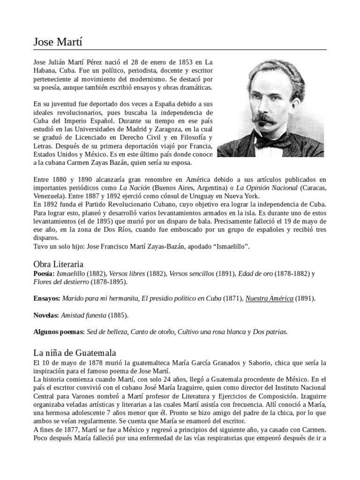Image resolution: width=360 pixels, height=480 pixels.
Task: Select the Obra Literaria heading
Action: pyautogui.click(x=58, y=264)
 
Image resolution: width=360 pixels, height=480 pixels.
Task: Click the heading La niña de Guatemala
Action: pyautogui.click(x=75, y=352)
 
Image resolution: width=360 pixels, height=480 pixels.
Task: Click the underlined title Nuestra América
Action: pyautogui.click(x=269, y=298)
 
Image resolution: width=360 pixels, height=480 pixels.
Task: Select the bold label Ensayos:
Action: pyautogui.click(x=46, y=298)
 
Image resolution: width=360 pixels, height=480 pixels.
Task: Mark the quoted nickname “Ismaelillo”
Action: pyautogui.click(x=229, y=247)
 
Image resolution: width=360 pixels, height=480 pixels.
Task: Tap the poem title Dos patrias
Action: pyautogui.click(x=270, y=332)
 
